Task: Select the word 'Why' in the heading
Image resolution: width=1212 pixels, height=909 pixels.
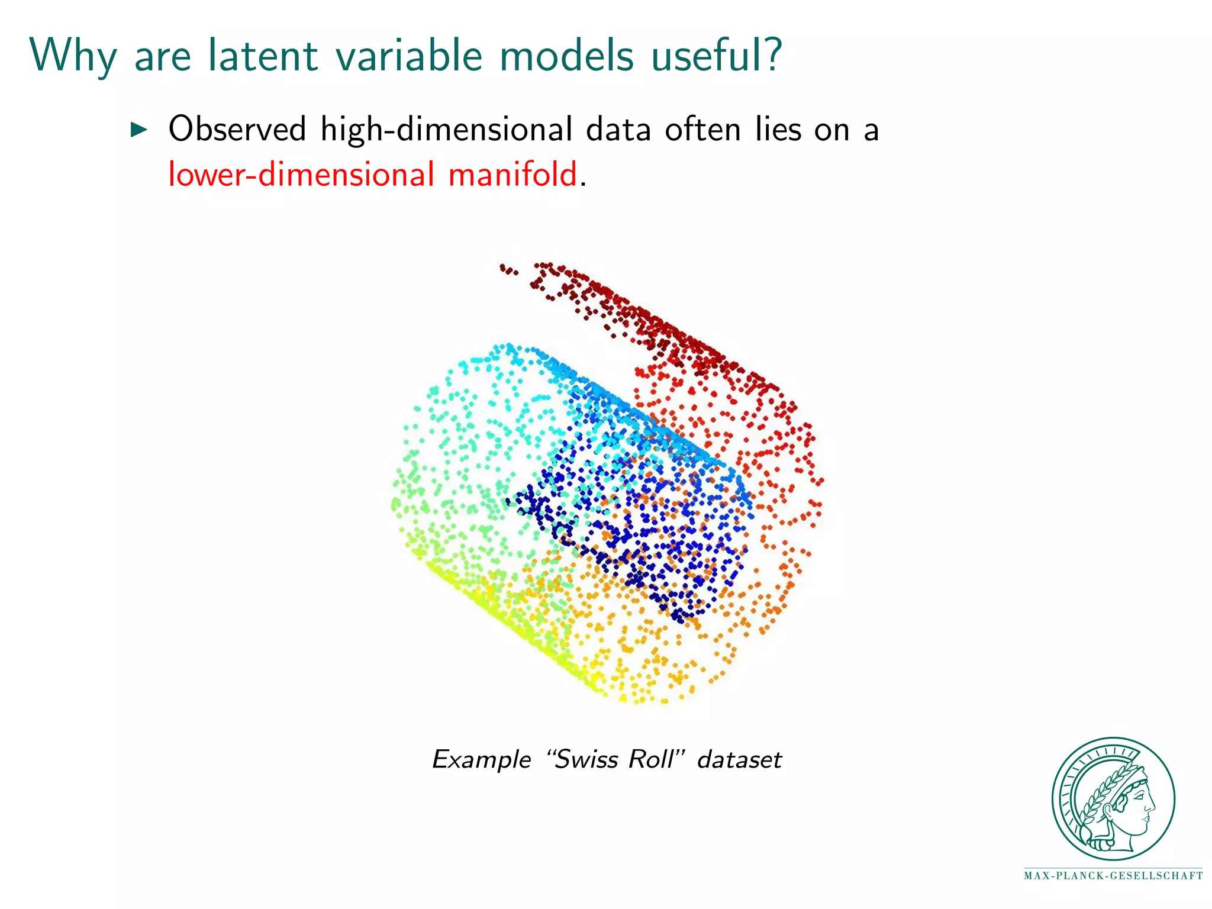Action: tap(73, 57)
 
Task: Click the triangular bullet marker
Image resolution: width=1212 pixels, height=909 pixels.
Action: tap(138, 128)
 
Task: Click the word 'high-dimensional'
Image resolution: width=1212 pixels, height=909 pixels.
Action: tap(446, 130)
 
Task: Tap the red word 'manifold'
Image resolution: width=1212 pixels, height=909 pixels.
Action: tap(512, 175)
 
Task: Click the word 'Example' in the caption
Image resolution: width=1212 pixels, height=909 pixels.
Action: tap(482, 760)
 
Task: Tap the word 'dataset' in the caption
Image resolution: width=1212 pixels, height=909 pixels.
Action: tap(740, 759)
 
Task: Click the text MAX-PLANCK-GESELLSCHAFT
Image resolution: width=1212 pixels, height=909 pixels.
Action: tap(1113, 876)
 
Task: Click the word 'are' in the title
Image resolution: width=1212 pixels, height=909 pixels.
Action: tap(163, 57)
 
